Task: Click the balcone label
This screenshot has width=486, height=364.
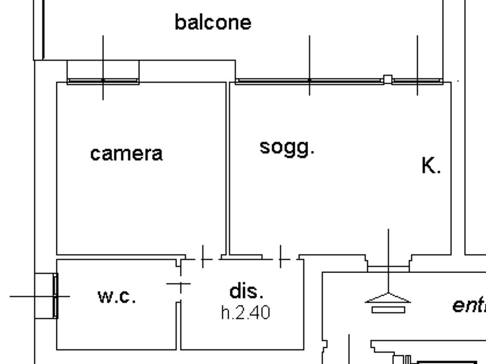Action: tap(213, 22)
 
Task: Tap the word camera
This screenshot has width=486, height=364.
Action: tap(126, 153)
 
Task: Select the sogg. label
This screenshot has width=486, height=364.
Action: tap(287, 147)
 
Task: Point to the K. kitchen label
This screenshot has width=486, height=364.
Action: tap(431, 166)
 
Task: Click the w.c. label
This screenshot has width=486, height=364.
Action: tap(117, 297)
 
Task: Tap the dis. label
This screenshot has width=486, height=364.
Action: tap(247, 291)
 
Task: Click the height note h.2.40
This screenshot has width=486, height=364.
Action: tap(245, 313)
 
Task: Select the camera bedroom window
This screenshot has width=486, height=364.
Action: tap(103, 80)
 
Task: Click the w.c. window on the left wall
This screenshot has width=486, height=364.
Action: tap(55, 296)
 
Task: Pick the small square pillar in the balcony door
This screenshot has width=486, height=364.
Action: tap(388, 79)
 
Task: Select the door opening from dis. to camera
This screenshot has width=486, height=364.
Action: tap(202, 258)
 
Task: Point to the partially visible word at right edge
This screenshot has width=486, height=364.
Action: tap(469, 305)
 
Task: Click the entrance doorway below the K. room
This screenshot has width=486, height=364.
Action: tap(388, 267)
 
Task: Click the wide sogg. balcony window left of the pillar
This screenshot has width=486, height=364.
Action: tap(309, 80)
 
